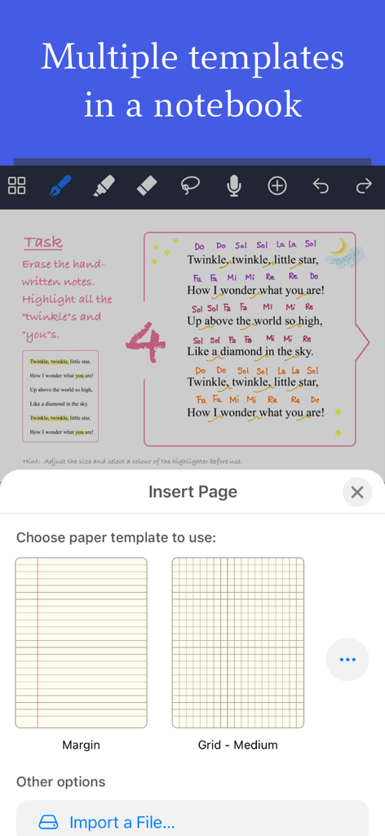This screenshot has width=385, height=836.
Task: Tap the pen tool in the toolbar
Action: pos(60,186)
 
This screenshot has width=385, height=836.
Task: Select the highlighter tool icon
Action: pos(104,186)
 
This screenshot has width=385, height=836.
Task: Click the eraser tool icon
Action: pos(147,186)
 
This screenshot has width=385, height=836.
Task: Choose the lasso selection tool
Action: pos(190,186)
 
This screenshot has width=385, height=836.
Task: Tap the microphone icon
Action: pos(234,186)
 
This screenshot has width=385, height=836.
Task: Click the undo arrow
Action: pos(321,186)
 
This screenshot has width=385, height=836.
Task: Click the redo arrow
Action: pos(364,186)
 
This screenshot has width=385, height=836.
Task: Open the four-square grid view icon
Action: pos(16,186)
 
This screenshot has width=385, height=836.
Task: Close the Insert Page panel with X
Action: pos(356,492)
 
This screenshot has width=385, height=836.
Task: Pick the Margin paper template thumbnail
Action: pos(81,643)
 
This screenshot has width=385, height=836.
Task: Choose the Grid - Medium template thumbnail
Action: pos(237,643)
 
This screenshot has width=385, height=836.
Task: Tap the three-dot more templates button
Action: pos(347,660)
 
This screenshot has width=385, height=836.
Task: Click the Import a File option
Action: pos(122,822)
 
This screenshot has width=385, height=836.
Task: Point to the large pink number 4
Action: pos(146,341)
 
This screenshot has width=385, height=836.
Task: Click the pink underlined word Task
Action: pos(42,242)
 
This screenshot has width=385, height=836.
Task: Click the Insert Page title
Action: pos(192,491)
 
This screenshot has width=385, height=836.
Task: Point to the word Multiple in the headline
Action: pos(109,57)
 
